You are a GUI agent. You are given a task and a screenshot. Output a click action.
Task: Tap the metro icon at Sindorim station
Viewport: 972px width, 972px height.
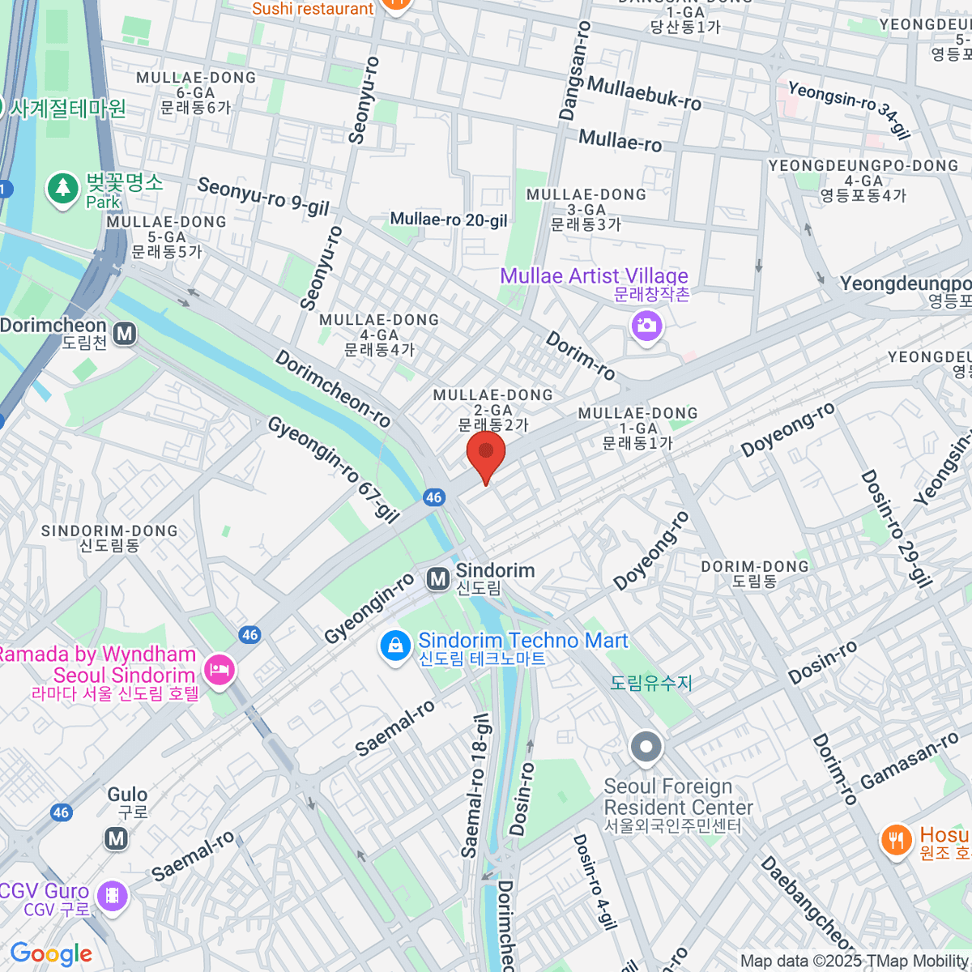(438, 578)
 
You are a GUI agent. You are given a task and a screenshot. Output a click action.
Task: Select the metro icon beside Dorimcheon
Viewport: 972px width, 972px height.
(124, 334)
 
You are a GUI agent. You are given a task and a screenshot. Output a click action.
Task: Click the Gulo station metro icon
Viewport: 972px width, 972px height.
(117, 838)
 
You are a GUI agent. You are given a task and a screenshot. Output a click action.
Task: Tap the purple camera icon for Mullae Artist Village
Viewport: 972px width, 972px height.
(646, 327)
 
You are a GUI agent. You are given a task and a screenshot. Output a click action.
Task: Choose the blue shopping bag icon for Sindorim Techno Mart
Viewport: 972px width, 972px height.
(394, 647)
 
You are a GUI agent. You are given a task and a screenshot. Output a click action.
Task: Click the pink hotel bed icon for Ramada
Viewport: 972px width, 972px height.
(220, 670)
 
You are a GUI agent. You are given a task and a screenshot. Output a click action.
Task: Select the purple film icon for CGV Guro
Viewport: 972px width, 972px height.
(112, 896)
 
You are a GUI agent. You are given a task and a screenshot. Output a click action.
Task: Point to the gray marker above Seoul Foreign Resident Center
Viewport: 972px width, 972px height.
(646, 748)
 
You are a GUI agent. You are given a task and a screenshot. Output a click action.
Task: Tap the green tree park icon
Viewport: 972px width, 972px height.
(62, 189)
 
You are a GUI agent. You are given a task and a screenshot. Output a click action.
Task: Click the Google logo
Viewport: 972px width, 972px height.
(51, 954)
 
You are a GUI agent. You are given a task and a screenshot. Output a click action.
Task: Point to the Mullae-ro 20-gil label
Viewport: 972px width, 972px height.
(449, 220)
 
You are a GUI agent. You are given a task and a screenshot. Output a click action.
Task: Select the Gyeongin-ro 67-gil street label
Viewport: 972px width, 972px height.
(334, 469)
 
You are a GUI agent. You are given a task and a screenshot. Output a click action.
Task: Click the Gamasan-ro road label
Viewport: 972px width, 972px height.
(909, 761)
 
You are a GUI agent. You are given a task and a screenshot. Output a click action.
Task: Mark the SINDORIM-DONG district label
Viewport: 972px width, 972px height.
(109, 538)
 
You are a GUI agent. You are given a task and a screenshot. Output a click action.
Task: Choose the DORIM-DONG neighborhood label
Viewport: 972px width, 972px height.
(754, 573)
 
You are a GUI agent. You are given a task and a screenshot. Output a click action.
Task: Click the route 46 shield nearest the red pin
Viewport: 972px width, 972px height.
(433, 497)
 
